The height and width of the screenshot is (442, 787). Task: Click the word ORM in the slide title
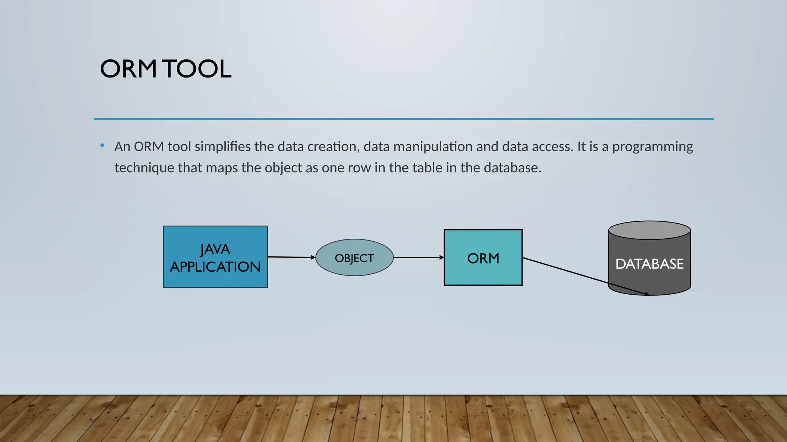128,69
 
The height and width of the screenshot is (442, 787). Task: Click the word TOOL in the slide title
198,69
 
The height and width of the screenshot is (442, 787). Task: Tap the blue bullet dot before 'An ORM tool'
102,145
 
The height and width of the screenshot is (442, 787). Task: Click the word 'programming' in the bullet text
653,147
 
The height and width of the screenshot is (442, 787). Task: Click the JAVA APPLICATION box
215,257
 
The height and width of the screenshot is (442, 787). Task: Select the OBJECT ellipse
354,257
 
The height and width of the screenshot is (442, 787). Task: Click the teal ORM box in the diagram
483,257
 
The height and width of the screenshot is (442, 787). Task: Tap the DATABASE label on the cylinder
649,264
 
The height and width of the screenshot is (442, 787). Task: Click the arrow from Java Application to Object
291,257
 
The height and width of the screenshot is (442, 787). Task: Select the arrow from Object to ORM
418,257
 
